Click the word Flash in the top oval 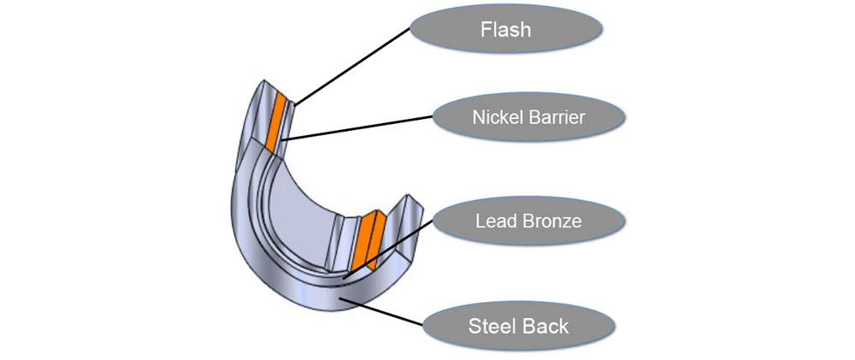tap(504, 29)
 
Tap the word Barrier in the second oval tap(555, 117)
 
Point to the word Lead tap(494, 221)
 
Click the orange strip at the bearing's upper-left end tap(274, 120)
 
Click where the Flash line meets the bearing tap(293, 105)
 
